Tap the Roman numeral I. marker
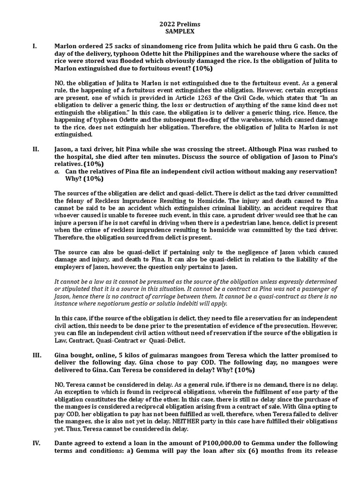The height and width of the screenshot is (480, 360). tap(34, 46)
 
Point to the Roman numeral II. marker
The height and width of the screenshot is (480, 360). tap(36, 149)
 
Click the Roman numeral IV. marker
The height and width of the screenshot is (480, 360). tap(37, 443)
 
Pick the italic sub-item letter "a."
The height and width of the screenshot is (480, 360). tap(57, 172)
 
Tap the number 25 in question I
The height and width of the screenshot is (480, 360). tap(109, 46)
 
